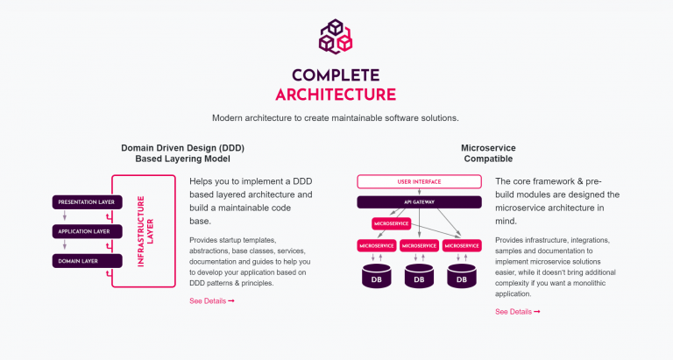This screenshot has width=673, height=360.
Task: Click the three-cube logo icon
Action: (x=336, y=36)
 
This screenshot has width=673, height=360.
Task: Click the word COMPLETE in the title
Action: (x=336, y=75)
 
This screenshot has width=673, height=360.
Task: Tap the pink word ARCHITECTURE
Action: (x=336, y=95)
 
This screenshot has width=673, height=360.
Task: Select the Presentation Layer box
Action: (x=87, y=202)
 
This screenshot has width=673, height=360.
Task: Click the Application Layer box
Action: (x=87, y=232)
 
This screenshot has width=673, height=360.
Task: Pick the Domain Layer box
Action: (x=87, y=261)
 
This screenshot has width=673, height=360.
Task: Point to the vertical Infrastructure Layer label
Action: (x=145, y=231)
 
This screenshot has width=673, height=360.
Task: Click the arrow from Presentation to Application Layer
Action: (x=65, y=215)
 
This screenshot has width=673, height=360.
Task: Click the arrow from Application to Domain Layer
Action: (x=65, y=245)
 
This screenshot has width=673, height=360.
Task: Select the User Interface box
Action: (x=419, y=181)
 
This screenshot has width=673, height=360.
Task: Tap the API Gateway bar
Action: (x=419, y=202)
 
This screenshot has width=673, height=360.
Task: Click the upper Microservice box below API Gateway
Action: (x=392, y=223)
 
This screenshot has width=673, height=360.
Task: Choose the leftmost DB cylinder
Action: (x=377, y=276)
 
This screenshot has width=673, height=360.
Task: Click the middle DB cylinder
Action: (x=419, y=276)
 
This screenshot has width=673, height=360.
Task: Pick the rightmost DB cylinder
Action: (x=462, y=276)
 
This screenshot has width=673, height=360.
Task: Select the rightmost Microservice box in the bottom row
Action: (x=462, y=246)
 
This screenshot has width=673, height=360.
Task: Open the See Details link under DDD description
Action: (x=212, y=300)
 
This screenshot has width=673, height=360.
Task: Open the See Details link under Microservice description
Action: (x=518, y=312)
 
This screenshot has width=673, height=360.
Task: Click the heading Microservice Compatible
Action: (x=488, y=153)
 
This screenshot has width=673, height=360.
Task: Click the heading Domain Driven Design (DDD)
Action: (x=183, y=148)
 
